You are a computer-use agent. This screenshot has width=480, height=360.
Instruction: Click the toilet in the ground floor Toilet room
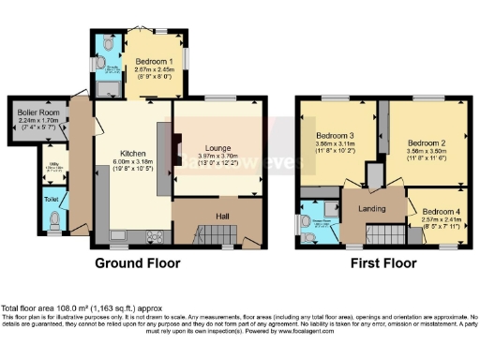57,220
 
